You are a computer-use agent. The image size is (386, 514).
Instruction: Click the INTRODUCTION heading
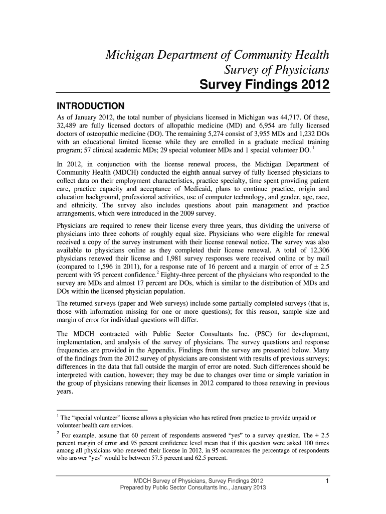coord(90,106)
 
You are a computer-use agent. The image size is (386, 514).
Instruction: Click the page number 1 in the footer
coord(326,481)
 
